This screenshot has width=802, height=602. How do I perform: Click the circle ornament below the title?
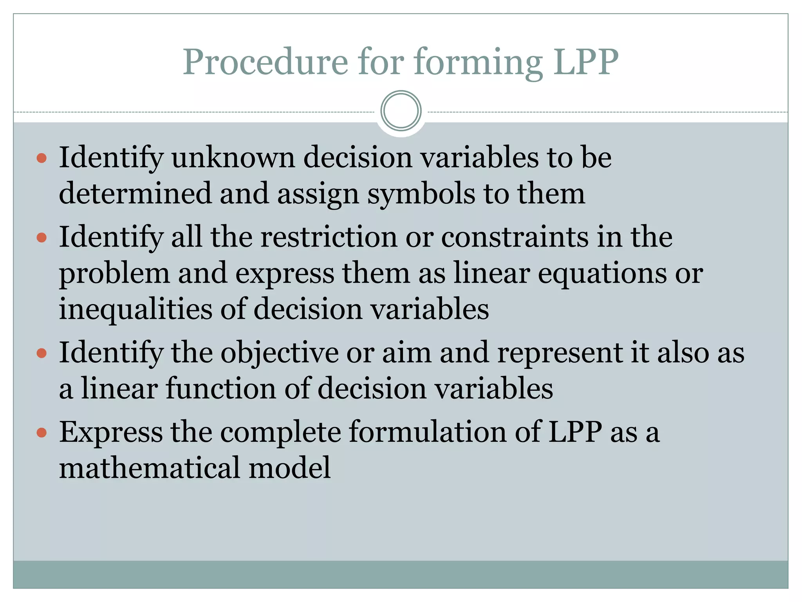[401, 111]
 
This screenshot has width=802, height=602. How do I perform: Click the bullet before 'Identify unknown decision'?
[42, 158]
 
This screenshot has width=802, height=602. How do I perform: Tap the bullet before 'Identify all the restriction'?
[42, 238]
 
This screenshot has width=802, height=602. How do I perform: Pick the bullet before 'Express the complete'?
[42, 433]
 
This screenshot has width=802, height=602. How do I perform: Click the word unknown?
[233, 158]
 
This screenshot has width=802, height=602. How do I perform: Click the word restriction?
[329, 237]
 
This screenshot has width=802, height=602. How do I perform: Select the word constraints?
[515, 237]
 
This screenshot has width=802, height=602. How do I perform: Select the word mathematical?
[149, 468]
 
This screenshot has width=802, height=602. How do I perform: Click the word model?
[290, 468]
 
